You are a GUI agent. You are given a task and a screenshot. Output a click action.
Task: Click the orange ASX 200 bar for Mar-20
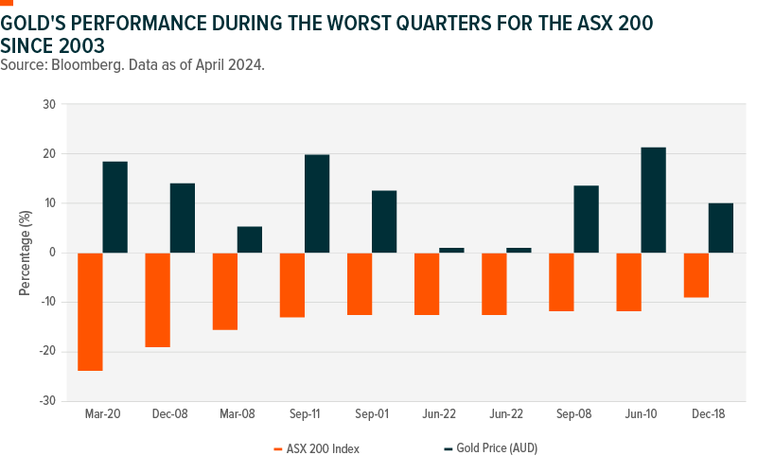point(90,311)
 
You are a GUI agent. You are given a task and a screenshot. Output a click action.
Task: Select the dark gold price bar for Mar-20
point(115,207)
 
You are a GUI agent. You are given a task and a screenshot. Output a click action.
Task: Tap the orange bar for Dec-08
point(157,300)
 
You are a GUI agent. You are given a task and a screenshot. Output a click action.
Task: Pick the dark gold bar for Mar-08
point(250,239)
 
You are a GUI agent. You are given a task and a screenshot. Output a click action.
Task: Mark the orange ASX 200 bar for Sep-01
point(359,284)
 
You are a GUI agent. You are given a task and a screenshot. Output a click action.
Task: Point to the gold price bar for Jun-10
point(653,200)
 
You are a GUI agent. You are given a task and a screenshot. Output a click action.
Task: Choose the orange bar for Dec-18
point(695,275)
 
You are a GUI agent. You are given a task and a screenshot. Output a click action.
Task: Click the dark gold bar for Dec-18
point(721,228)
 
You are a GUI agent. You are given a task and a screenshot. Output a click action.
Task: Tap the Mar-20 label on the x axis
point(102,415)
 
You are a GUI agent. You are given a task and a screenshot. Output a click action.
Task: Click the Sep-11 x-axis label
point(305,415)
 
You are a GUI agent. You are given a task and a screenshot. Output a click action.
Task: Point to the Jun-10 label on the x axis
point(641,415)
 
